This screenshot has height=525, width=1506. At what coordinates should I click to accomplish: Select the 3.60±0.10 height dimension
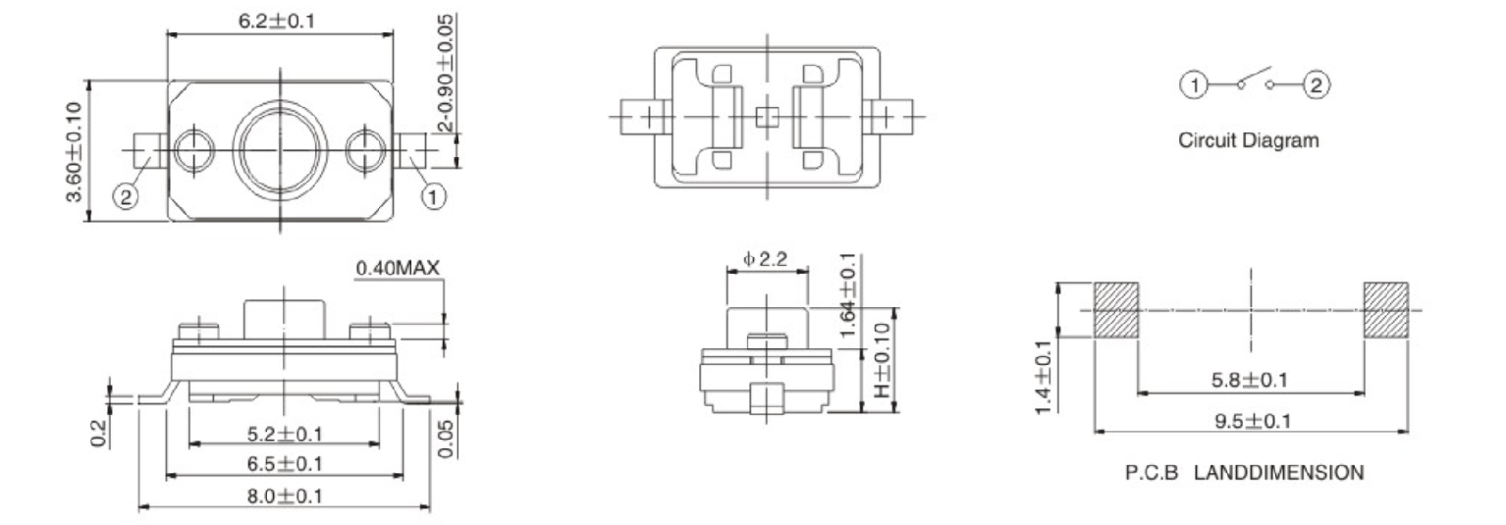pos(74,151)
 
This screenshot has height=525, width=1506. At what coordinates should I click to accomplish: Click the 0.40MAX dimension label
pos(398,268)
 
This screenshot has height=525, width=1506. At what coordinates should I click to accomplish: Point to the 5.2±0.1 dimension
pos(284,433)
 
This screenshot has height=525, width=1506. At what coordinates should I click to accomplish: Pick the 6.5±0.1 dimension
pos(284,463)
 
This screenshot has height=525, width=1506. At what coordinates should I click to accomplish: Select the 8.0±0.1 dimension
pos(284,496)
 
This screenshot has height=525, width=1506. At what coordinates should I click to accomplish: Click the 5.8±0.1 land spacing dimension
pos(1250,380)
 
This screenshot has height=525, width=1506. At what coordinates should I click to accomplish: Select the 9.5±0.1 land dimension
pos(1250,420)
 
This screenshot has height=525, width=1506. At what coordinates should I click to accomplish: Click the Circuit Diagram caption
pos(1249,140)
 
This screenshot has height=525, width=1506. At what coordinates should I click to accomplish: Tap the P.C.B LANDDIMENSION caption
pos(1244,473)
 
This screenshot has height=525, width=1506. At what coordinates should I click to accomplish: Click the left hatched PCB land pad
pos(1116,310)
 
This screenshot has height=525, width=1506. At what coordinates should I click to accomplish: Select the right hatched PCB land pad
pos(1385,310)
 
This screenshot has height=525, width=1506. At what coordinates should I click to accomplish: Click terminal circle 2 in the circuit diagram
pos(1316,85)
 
